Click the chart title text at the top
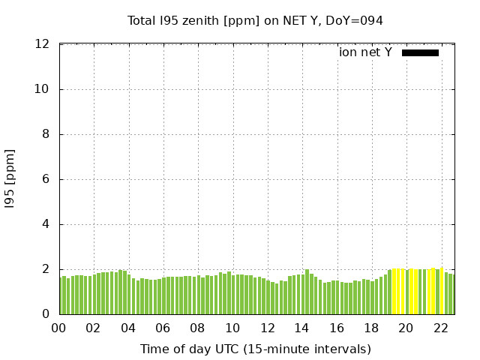[255, 21]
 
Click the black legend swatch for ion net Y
[420, 52]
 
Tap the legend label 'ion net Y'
[365, 52]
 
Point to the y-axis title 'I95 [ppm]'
[10, 178]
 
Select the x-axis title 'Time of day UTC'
[255, 349]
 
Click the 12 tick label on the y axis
[43, 44]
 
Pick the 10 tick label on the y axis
[43, 89]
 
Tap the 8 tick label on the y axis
[46, 134]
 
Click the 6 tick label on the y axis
[46, 179]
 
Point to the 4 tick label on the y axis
[46, 224]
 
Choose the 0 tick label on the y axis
[46, 314]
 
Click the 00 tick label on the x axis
[58, 328]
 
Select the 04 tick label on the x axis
[128, 328]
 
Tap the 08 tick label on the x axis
[197, 328]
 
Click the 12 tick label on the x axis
[267, 328]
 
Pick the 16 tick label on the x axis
[337, 328]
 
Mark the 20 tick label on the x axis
[406, 328]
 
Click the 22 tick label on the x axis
[441, 328]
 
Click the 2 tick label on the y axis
[46, 269]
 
